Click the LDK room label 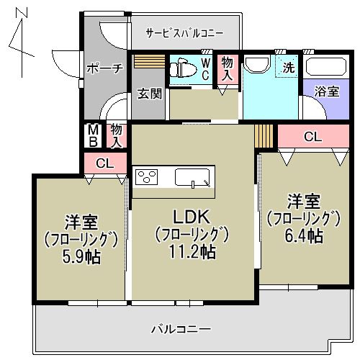pos(191,216)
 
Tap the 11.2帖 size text pos(191,251)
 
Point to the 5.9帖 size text pos(81,257)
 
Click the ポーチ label pos(105,68)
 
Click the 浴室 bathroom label pos(328,91)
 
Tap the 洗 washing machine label pos(288,68)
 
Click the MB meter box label pos(93,135)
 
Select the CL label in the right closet pos(312,135)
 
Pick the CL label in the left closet pos(104,163)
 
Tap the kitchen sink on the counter pos(192,177)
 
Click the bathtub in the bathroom pos(328,67)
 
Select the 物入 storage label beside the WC pos(228,68)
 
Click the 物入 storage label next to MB pos(116,135)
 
